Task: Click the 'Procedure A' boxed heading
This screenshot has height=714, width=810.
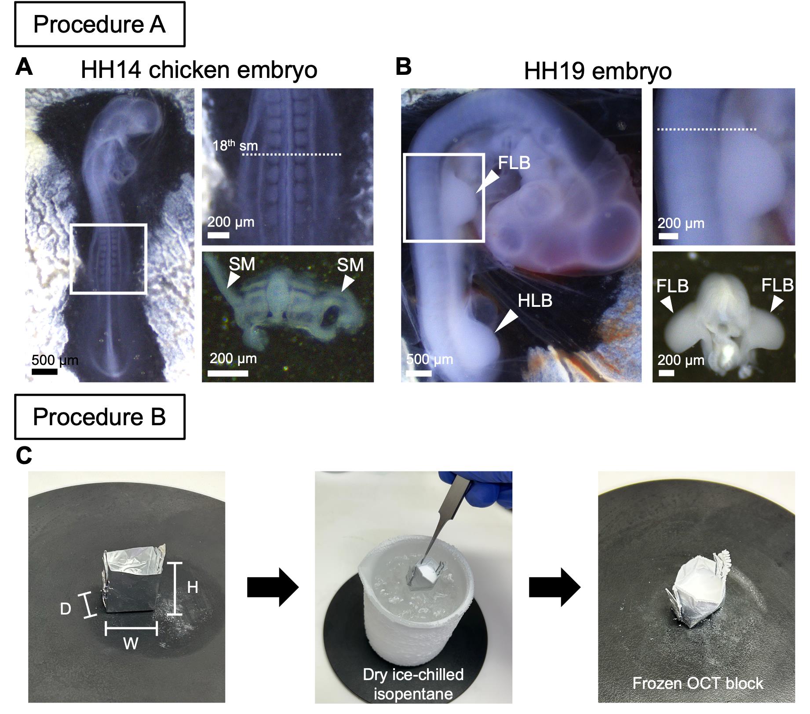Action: coord(100,24)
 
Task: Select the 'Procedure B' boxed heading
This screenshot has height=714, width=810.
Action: coord(100,417)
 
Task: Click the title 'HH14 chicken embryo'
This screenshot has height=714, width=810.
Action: coord(199,70)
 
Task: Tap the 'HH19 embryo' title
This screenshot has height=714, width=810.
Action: coord(598,71)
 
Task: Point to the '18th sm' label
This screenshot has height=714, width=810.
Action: coord(235,145)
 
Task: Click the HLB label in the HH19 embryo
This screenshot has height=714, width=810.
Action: coord(535,301)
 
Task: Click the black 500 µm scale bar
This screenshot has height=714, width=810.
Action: coord(44,372)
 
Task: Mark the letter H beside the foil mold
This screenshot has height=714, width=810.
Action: coord(193,587)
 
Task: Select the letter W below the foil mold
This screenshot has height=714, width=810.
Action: coord(131,644)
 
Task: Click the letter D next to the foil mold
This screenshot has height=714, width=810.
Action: coord(66,609)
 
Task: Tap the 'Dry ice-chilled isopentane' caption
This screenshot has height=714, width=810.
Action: coord(413,684)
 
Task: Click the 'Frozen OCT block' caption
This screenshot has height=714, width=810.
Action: coord(698,683)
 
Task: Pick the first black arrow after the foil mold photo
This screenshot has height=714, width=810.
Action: coord(273,587)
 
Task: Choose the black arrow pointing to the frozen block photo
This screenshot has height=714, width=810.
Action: coord(555,587)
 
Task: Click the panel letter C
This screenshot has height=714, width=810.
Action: coord(24,456)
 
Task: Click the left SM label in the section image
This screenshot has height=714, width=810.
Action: coord(242,264)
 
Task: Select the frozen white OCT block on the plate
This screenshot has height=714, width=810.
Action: coord(697,592)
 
